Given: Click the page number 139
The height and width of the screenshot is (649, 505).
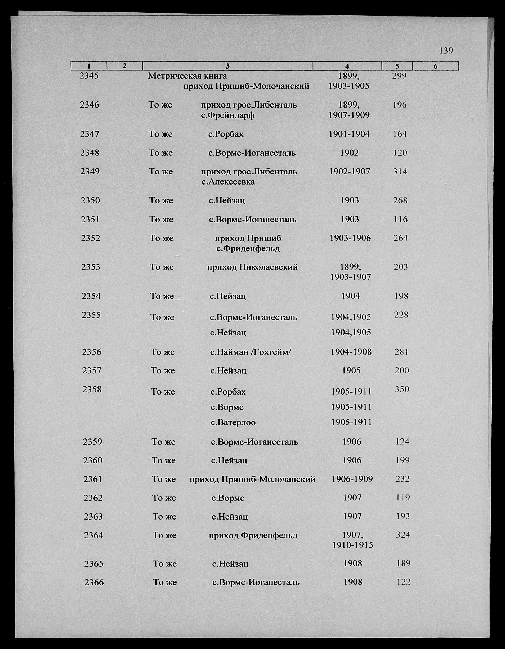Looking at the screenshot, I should (446, 51).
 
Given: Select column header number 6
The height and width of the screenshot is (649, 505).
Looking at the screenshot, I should (435, 66).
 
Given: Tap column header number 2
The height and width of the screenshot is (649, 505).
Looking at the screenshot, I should (124, 66).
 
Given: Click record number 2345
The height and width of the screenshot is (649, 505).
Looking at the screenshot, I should (89, 76).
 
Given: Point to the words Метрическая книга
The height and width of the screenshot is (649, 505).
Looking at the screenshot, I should (187, 76).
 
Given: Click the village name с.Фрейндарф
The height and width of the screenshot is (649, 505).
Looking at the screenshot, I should (228, 115).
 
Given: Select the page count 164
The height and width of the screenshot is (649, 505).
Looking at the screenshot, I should (400, 134).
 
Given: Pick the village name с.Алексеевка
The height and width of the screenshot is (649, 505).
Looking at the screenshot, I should (228, 182).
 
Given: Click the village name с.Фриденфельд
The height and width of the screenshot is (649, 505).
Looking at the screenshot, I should (248, 248).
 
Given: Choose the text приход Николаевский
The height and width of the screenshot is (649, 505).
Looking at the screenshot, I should (252, 267).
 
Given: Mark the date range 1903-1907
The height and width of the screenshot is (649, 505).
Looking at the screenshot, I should (351, 277).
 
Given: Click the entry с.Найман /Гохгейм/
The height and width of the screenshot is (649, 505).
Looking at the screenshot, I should (250, 352).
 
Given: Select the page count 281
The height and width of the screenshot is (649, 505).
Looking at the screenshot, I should (401, 352).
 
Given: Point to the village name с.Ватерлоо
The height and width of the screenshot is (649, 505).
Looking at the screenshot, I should (233, 422).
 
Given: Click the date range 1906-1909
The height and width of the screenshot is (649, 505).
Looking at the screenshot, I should (352, 479).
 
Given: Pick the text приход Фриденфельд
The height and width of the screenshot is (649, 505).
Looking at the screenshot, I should (253, 535).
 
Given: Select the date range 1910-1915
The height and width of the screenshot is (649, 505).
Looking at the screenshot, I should (352, 545).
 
